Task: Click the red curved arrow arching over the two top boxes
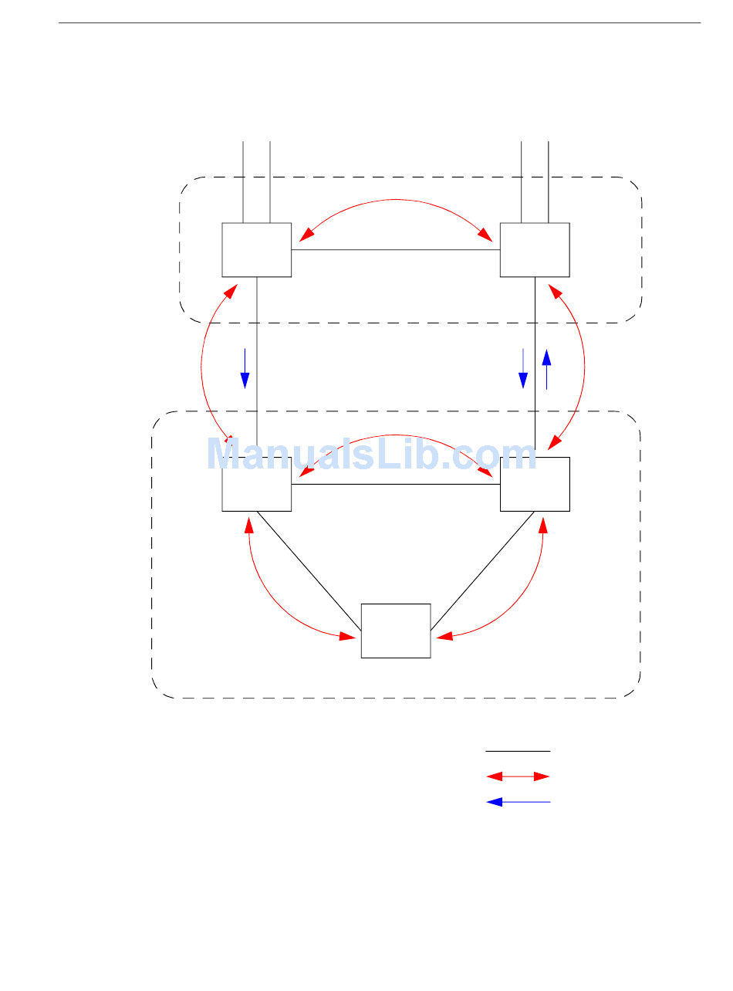point(395,199)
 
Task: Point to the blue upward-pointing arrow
point(546,369)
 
